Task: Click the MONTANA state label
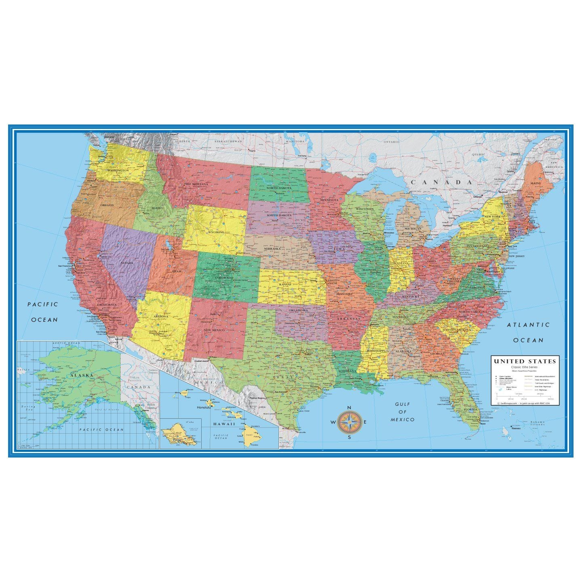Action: click(200, 184)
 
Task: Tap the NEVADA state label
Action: click(127, 263)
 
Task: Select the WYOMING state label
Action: click(216, 232)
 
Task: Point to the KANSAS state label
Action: click(285, 284)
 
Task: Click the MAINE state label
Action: click(535, 183)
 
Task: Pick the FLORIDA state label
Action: click(470, 409)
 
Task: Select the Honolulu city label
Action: click(204, 407)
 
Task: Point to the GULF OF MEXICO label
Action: click(403, 411)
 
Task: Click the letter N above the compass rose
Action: click(349, 407)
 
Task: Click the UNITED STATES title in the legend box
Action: click(525, 361)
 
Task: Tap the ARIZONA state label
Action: click(161, 316)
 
